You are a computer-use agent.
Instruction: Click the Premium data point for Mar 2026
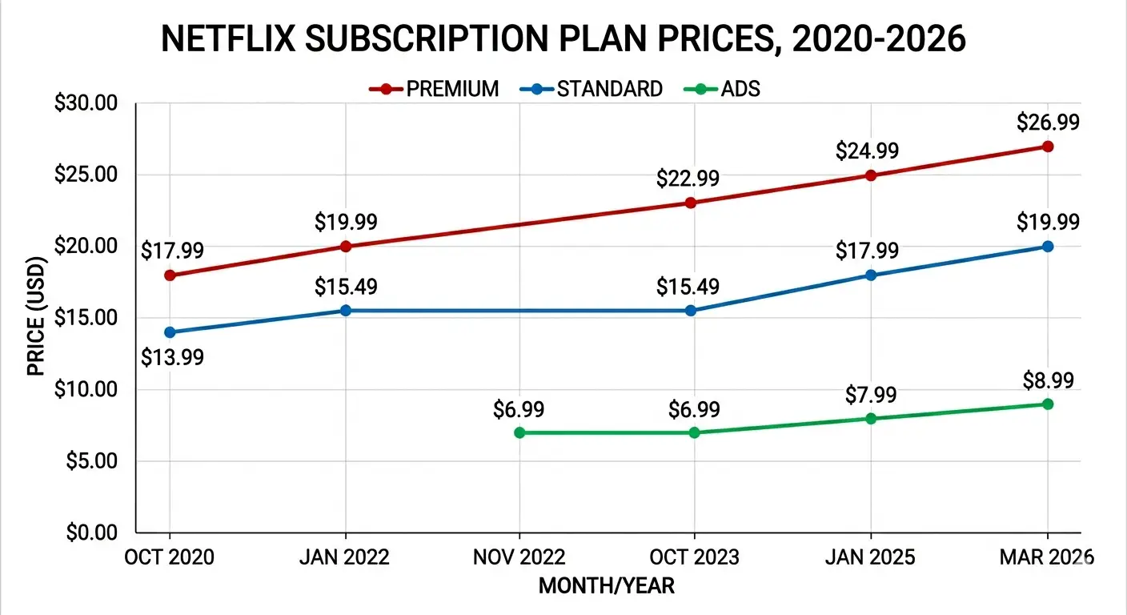pos(1047,147)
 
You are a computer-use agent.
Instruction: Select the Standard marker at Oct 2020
pos(170,332)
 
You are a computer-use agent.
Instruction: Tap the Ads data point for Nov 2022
pos(519,432)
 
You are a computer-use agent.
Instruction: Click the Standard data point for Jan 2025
pos(871,275)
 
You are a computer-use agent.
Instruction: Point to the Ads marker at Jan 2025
pos(871,418)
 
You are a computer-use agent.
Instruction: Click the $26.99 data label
pos(1047,123)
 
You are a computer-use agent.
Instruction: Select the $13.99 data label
pos(172,357)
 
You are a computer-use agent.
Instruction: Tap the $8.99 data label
pos(1047,380)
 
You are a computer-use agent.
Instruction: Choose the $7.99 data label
pos(871,395)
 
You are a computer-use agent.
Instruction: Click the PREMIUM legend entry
pos(435,88)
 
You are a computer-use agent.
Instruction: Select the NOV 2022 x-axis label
pos(519,557)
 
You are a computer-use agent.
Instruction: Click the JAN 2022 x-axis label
pos(345,557)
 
